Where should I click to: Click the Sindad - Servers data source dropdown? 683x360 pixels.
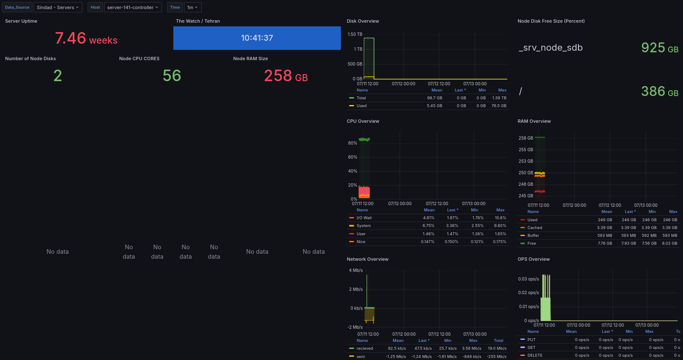tap(58, 7)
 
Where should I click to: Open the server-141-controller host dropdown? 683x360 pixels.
tap(133, 7)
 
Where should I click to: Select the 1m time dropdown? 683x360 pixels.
tap(192, 7)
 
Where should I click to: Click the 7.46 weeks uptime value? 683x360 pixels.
tap(86, 39)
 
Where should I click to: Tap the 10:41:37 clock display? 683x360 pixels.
tap(257, 38)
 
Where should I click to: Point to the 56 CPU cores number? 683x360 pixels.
tap(172, 76)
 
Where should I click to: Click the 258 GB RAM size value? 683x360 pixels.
tap(286, 76)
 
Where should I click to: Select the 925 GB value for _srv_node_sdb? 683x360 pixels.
tap(659, 48)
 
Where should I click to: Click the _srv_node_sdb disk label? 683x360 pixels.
tap(551, 48)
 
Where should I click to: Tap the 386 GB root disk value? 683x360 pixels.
tap(659, 91)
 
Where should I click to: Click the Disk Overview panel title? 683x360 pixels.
tap(363, 21)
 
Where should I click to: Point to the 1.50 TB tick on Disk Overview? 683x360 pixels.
tap(355, 34)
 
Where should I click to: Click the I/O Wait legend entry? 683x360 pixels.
tap(364, 218)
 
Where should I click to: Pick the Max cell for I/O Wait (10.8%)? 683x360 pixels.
tap(500, 218)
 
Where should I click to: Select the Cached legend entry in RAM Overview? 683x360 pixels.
tap(534, 228)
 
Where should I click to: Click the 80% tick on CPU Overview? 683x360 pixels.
tap(352, 143)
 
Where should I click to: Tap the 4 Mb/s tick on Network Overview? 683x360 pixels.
tap(356, 271)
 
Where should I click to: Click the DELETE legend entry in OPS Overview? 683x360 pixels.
tap(534, 355)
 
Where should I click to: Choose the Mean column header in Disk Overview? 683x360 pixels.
tap(436, 90)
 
